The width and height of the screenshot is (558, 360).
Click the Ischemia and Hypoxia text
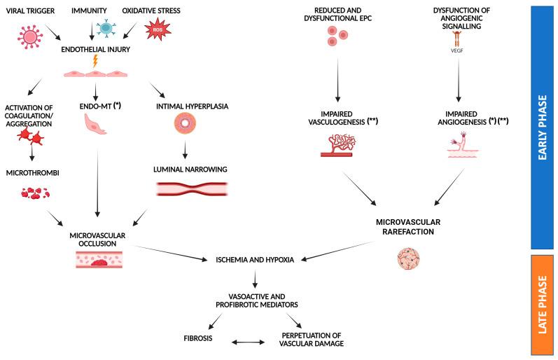(255, 259)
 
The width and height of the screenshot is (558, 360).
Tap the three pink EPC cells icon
(337, 37)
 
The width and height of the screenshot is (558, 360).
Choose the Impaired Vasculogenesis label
(340, 116)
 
